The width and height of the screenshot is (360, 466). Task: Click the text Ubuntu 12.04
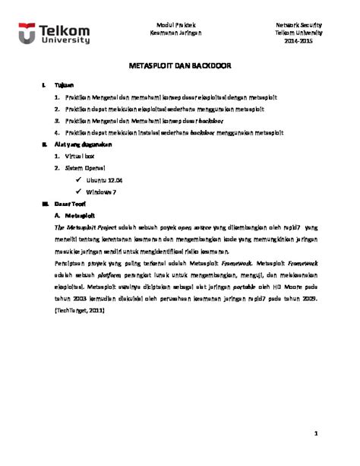(x=104, y=179)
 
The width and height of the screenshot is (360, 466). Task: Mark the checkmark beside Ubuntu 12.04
(x=79, y=179)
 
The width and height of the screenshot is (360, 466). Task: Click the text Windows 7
(x=102, y=192)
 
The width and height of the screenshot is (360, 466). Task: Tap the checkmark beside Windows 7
(x=79, y=192)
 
